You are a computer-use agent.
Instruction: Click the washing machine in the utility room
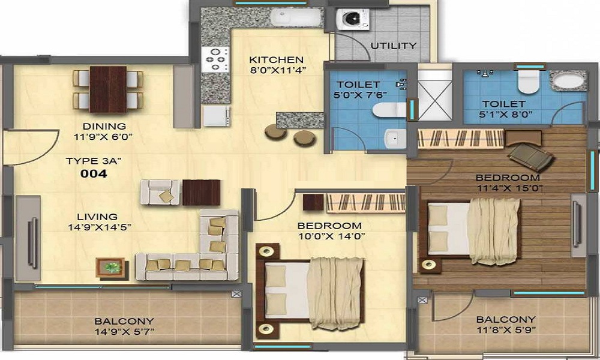pyautogui.click(x=352, y=19)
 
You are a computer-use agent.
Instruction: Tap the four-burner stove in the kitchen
pyautogui.click(x=215, y=59)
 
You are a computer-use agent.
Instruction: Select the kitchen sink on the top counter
pyautogui.click(x=295, y=17)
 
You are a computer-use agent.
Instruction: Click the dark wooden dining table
pyautogui.click(x=108, y=89)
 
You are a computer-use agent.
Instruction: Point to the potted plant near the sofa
pyautogui.click(x=110, y=268)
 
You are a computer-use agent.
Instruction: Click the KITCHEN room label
pyautogui.click(x=276, y=59)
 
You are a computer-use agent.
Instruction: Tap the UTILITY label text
pyautogui.click(x=394, y=46)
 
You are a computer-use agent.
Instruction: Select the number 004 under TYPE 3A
pyautogui.click(x=94, y=173)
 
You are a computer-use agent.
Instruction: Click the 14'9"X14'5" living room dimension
pyautogui.click(x=100, y=227)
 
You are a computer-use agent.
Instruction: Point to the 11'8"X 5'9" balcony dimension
pyautogui.click(x=506, y=329)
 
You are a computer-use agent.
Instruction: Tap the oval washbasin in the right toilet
pyautogui.click(x=568, y=81)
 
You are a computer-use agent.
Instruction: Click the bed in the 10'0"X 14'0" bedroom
pyautogui.click(x=310, y=291)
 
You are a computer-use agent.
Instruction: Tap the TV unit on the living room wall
pyautogui.click(x=28, y=238)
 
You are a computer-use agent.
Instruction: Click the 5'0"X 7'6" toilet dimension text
pyautogui.click(x=360, y=94)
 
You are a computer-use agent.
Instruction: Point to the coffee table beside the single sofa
pyautogui.click(x=201, y=193)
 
